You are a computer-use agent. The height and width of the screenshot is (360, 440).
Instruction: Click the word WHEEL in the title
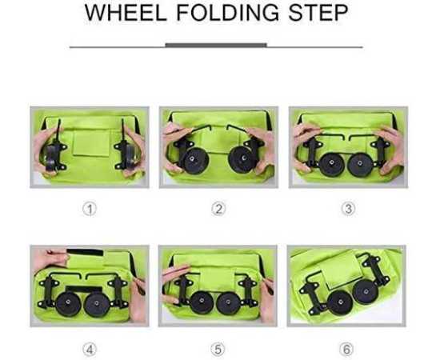[126, 13]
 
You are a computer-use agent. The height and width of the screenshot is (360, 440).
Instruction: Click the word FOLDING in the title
[228, 13]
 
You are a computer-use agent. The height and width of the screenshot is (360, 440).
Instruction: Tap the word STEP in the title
[318, 13]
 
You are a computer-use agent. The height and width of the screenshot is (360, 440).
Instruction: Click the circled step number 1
[90, 210]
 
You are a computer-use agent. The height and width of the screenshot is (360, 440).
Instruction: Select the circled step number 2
[218, 209]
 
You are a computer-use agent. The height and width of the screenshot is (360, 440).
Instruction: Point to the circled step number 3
[348, 209]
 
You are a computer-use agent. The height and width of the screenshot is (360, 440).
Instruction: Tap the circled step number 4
[90, 350]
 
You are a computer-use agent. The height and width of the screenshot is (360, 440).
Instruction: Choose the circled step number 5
[218, 350]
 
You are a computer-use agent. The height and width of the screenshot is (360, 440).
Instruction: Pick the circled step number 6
[346, 350]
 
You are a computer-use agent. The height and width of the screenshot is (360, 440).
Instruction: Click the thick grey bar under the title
[216, 45]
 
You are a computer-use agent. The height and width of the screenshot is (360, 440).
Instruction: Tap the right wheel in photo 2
[242, 159]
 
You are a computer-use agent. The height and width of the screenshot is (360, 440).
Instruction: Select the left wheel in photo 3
[332, 165]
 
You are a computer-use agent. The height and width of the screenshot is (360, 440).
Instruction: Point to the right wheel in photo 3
[360, 165]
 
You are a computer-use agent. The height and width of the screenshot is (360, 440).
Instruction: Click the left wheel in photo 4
[68, 304]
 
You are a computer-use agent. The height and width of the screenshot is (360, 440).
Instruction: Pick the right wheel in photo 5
[229, 304]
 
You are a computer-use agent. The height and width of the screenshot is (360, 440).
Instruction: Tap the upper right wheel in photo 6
[366, 292]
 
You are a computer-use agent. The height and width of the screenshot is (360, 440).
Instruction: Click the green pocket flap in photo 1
[91, 144]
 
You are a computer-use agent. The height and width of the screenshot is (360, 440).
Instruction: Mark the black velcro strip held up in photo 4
[85, 252]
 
